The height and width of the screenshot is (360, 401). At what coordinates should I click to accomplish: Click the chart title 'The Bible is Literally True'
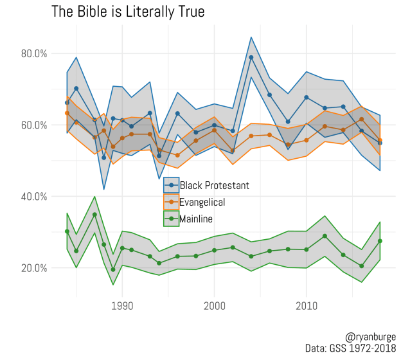coord(128,12)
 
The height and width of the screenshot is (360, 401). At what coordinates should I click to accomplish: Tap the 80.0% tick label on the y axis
coord(34,53)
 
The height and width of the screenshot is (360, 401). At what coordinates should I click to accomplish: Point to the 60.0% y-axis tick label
coord(34,125)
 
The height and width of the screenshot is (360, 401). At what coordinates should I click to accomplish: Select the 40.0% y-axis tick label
coord(34,197)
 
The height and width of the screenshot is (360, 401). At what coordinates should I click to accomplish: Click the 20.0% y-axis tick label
coord(34,268)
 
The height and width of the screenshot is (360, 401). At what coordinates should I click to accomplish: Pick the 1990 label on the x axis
coord(122,306)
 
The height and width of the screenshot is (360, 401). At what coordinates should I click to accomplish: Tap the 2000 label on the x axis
coord(214,306)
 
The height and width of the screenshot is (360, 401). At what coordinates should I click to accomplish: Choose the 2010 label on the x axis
coord(306,306)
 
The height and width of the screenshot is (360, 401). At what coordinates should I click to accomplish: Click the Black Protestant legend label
coord(214,186)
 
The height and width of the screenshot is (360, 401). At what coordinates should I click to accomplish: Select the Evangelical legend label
coord(202,203)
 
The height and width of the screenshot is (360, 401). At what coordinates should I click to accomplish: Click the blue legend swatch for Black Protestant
coord(171,186)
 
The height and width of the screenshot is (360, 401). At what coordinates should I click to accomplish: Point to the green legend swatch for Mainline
coord(171,220)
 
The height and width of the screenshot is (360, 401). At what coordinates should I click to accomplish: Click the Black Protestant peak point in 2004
coord(251,57)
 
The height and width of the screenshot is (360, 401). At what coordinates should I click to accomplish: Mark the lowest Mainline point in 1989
coord(113,269)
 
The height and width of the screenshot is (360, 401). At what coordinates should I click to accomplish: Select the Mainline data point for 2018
coord(380,241)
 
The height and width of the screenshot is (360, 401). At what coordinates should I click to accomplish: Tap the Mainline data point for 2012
coord(325,236)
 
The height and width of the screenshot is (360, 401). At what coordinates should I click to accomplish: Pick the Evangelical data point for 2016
coord(361,119)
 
